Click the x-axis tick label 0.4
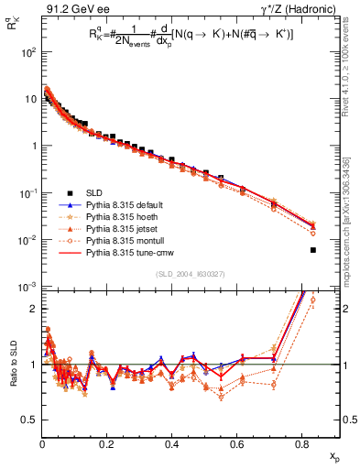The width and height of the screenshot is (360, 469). [x=172, y=445]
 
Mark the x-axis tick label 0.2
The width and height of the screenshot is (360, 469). [x=107, y=445]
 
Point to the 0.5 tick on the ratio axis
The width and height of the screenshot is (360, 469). [x=29, y=420]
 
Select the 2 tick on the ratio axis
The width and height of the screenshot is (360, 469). [x=33, y=309]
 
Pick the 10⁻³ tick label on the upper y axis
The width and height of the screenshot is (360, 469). [x=28, y=287]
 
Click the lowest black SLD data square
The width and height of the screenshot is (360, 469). [x=313, y=250]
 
